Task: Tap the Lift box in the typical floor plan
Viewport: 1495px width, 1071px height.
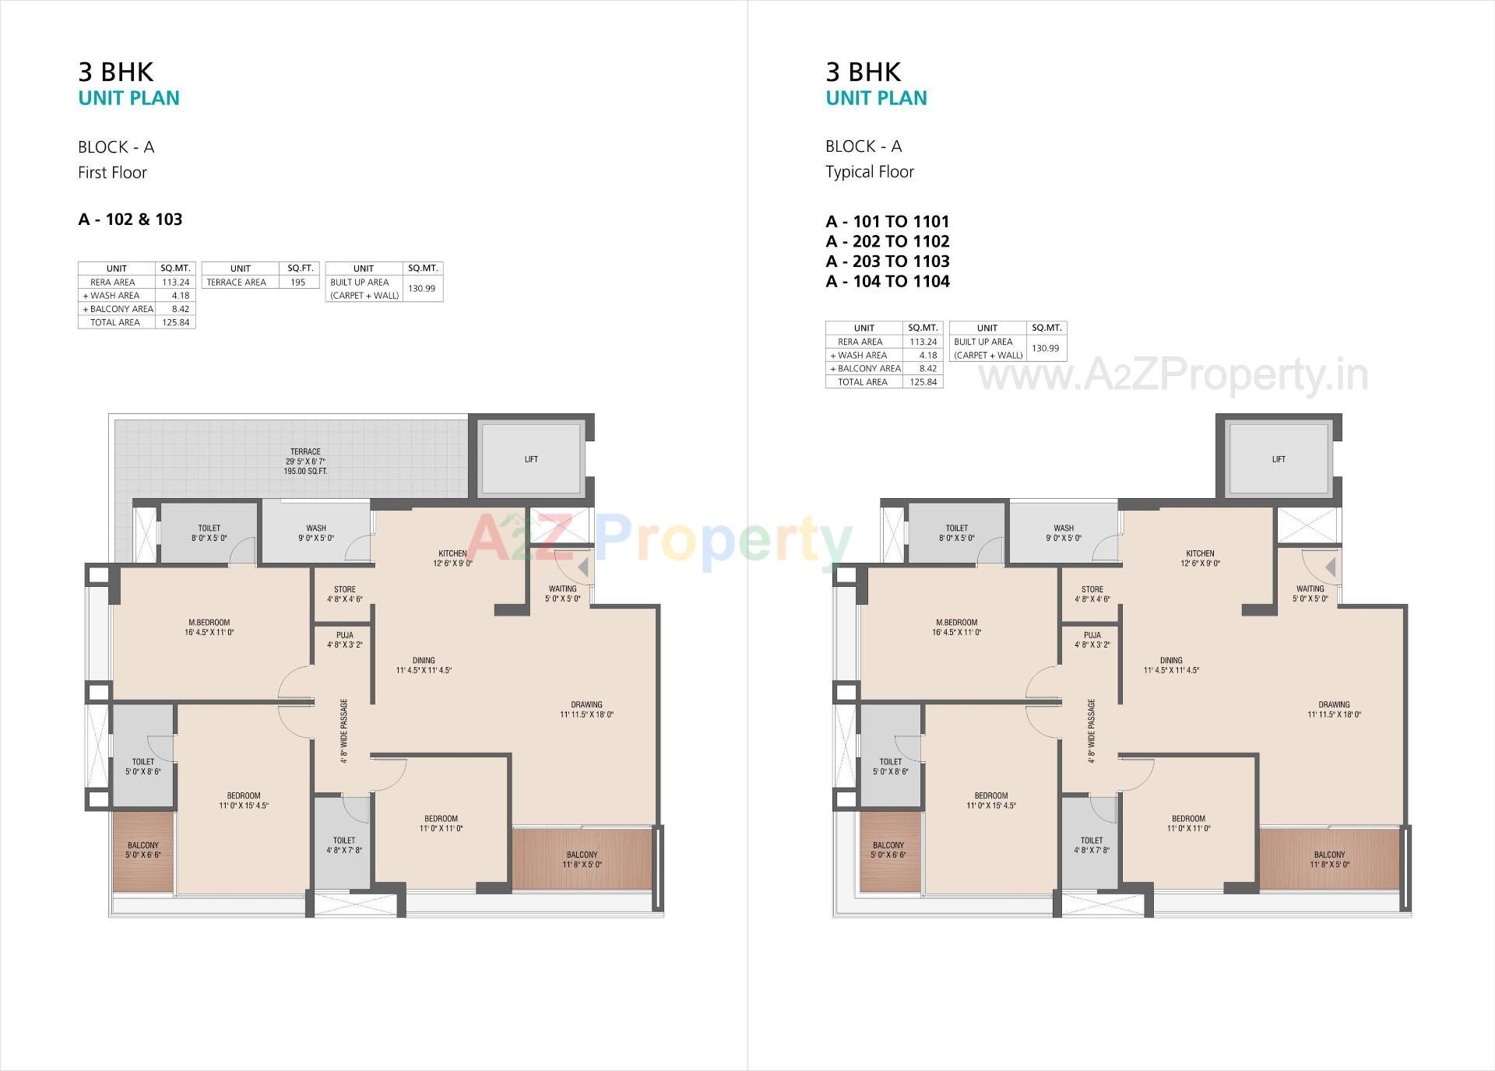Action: [1279, 459]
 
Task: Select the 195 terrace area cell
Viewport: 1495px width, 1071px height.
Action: [298, 282]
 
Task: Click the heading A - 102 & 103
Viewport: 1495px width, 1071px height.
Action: [130, 219]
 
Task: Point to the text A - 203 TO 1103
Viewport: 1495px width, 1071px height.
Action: [888, 262]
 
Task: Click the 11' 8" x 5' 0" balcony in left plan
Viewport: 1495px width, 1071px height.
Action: [582, 859]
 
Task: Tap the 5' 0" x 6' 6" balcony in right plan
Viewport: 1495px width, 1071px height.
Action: [888, 850]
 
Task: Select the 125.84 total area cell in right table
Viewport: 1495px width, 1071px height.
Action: [923, 382]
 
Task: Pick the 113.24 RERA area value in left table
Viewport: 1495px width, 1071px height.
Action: [176, 282]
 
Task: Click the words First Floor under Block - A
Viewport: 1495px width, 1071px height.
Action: [112, 173]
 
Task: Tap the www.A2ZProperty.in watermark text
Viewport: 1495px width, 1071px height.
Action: [1173, 376]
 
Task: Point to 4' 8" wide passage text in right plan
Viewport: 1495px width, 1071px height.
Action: [1092, 731]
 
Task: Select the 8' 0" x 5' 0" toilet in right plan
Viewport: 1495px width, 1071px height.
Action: [956, 532]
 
